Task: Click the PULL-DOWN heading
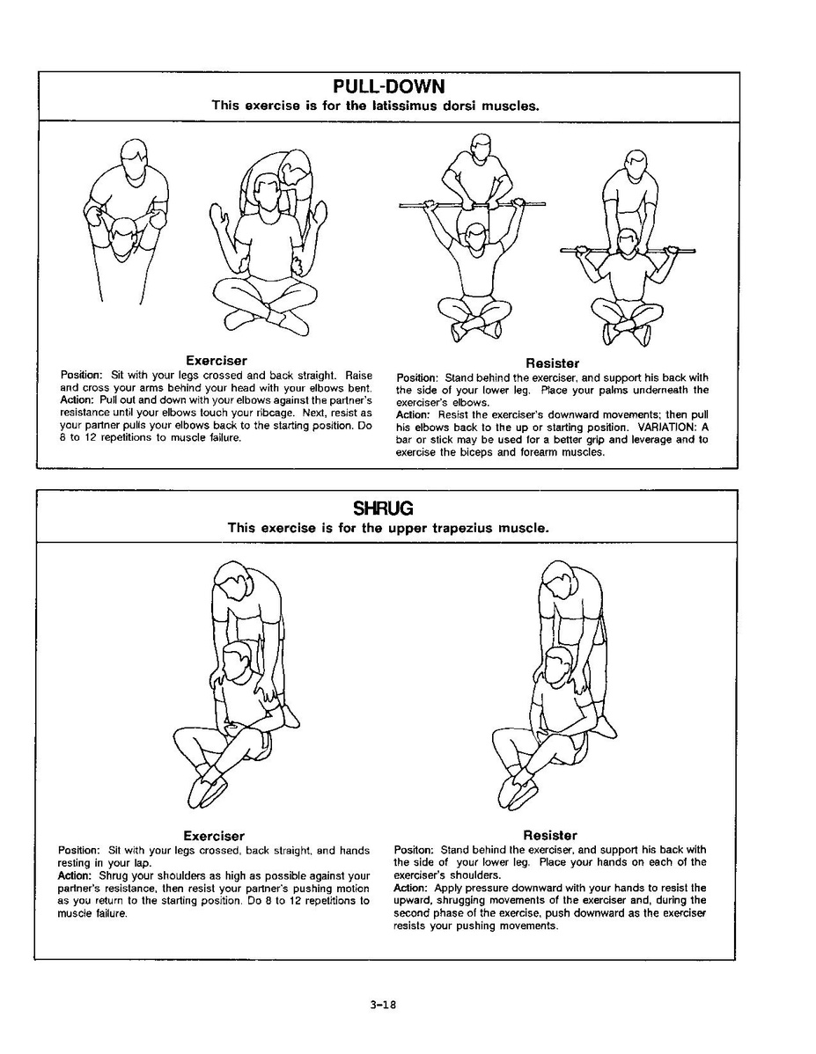(x=388, y=86)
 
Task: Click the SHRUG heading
(x=383, y=508)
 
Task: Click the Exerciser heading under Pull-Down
(x=216, y=361)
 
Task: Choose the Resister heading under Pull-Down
(x=552, y=362)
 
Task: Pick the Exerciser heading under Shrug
(x=214, y=836)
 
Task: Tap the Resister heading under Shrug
(x=550, y=836)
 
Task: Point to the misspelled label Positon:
(x=413, y=850)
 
